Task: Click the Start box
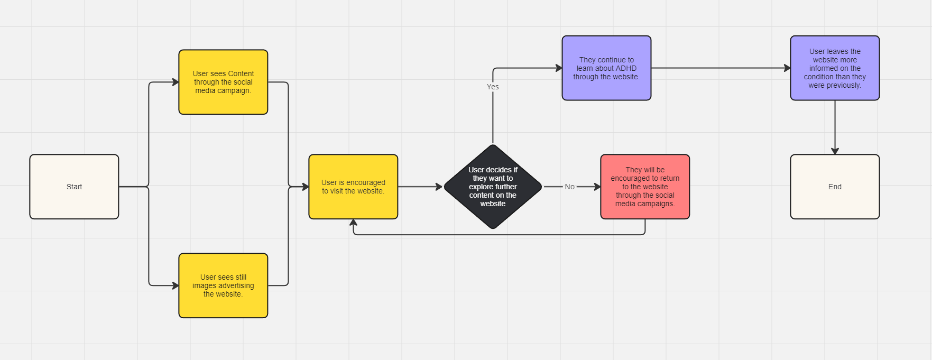(x=74, y=187)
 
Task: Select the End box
(x=835, y=187)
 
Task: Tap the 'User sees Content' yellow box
(x=223, y=82)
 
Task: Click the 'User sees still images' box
(x=223, y=285)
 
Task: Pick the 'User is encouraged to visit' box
(x=353, y=187)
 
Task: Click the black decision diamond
(x=493, y=187)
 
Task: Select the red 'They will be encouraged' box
(x=645, y=187)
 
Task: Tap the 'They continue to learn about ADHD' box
(x=606, y=68)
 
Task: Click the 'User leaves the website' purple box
(x=835, y=68)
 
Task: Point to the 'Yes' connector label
(x=493, y=87)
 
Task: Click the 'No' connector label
(x=569, y=187)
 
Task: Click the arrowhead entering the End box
(x=835, y=151)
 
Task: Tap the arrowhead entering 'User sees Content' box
(x=176, y=82)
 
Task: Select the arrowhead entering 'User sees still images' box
(x=176, y=285)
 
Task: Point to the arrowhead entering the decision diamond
(x=439, y=187)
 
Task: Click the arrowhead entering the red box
(x=597, y=187)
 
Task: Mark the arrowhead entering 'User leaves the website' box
(x=787, y=68)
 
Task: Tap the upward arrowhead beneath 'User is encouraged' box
(x=353, y=223)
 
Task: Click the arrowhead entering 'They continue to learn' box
(x=559, y=68)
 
